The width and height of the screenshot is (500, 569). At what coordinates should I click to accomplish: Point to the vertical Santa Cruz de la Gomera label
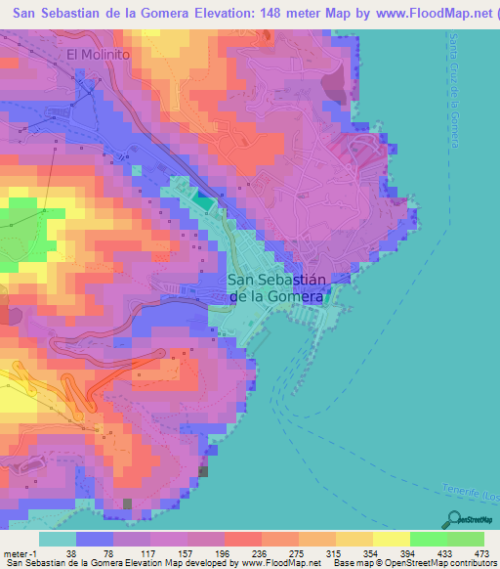pos(455,89)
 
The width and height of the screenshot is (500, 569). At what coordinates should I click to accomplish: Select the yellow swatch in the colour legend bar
pos(391,539)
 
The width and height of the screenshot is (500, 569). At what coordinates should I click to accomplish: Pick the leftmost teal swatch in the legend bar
pos(58,539)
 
